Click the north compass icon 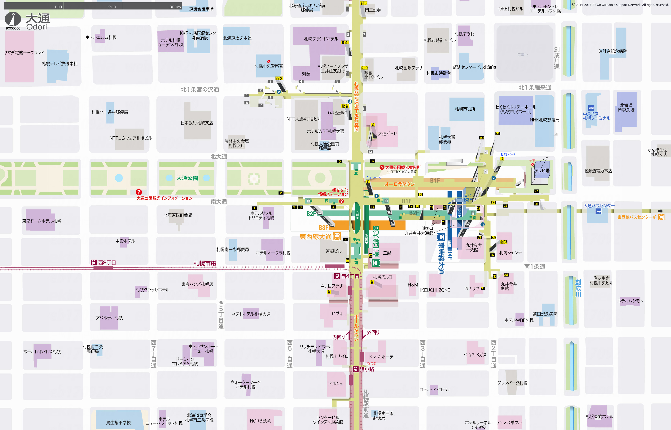13,19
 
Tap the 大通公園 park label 187,178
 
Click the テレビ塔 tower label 542,171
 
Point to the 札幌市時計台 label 438,73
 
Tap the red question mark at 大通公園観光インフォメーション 139,192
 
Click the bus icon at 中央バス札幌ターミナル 591,108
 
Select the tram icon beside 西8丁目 94,262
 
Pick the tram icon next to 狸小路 355,369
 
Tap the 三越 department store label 387,253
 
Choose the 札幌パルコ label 383,277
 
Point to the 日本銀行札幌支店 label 197,123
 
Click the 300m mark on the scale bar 175,7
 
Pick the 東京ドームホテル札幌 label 42,221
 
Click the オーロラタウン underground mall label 399,184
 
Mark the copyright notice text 620,5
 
